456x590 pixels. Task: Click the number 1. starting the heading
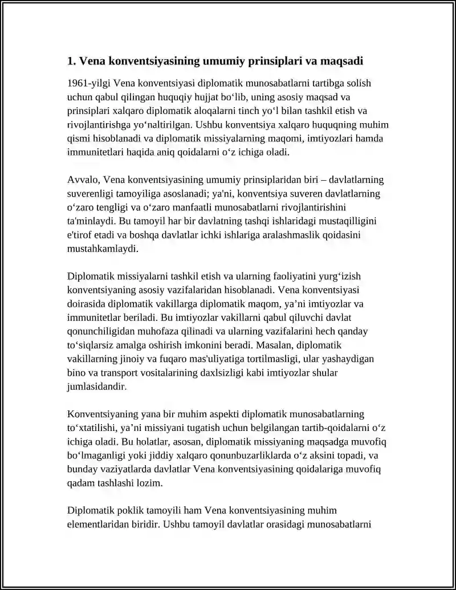(x=71, y=60)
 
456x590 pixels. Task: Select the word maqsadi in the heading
(x=341, y=60)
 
